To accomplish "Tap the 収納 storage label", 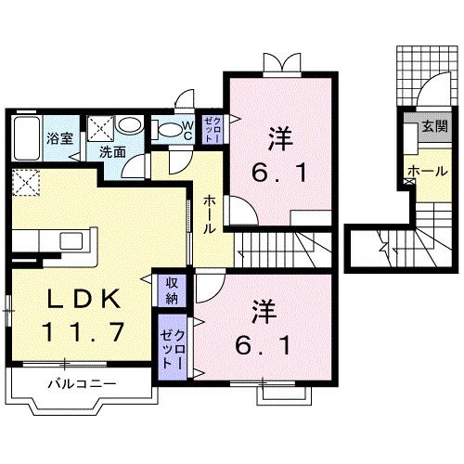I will pyautogui.click(x=173, y=290).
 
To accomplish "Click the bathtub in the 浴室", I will pyautogui.click(x=28, y=130).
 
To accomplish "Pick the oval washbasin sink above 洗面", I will pyautogui.click(x=131, y=126).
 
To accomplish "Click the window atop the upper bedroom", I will pyautogui.click(x=280, y=64).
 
